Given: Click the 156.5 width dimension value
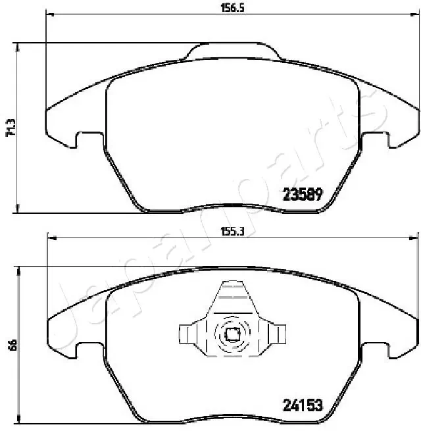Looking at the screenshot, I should coord(228,8).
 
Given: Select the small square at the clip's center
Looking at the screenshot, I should coord(232,334).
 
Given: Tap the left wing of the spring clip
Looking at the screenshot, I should coord(190,334).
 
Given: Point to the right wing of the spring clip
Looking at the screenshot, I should coord(276,334).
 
